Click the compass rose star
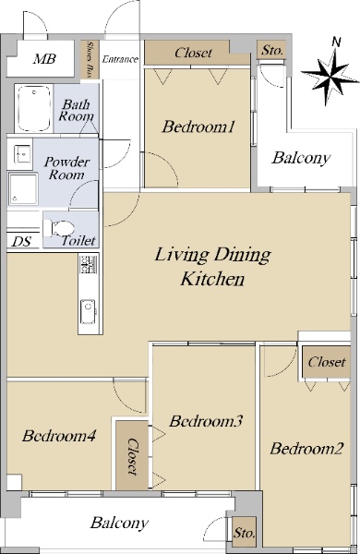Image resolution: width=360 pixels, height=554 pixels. point(330,78)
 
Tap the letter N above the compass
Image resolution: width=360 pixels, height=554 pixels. point(336,42)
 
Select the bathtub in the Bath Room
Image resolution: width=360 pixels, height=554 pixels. point(33,108)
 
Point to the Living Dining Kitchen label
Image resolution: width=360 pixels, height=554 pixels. point(212,267)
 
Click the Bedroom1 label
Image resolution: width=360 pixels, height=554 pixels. point(198,126)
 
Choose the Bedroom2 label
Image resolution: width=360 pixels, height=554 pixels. point(306,449)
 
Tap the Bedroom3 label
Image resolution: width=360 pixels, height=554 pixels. point(206,421)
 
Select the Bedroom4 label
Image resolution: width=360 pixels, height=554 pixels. point(59,436)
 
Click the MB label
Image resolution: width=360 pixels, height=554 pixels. point(44,59)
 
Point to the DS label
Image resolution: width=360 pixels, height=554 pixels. point(21,242)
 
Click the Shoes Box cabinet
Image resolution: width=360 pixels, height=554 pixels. point(90,59)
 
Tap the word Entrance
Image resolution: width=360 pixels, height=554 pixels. point(120,59)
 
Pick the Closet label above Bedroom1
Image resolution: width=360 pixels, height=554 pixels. point(193,53)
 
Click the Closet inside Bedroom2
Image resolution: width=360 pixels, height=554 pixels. point(327,362)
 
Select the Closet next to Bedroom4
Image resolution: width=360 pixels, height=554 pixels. point(132,455)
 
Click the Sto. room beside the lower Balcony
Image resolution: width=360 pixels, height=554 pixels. point(244,533)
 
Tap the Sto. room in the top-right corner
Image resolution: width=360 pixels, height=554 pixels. point(272,51)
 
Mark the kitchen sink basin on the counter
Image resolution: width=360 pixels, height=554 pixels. point(88,311)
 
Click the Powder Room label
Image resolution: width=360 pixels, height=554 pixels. point(66,168)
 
